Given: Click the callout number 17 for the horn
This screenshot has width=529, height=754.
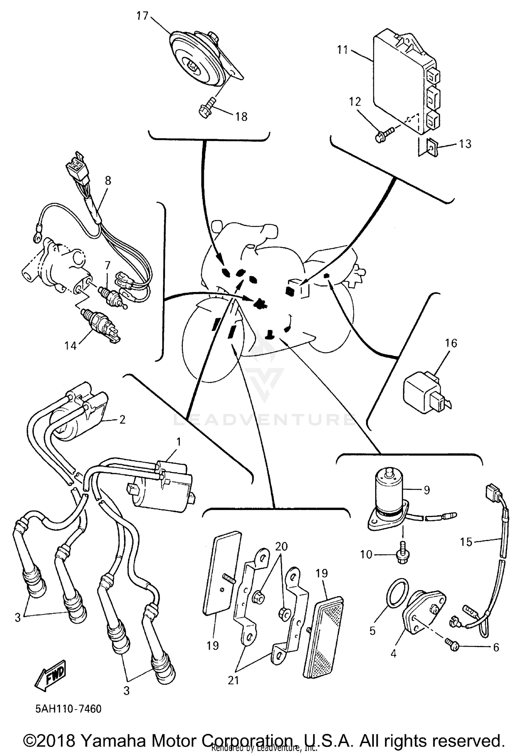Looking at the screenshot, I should click(142, 16).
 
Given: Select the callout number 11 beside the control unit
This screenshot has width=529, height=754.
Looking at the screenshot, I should click(342, 50).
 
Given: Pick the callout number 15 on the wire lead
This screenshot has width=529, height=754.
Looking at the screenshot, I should click(466, 542).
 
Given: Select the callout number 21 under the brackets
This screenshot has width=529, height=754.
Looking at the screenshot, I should click(233, 680).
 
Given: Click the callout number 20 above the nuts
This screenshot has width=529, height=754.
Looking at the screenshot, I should click(281, 546).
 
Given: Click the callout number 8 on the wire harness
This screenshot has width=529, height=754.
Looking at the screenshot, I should click(108, 180).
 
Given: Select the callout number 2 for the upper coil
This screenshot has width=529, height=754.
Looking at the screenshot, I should click(122, 420).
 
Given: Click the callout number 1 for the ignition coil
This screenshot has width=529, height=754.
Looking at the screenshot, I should click(178, 442).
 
